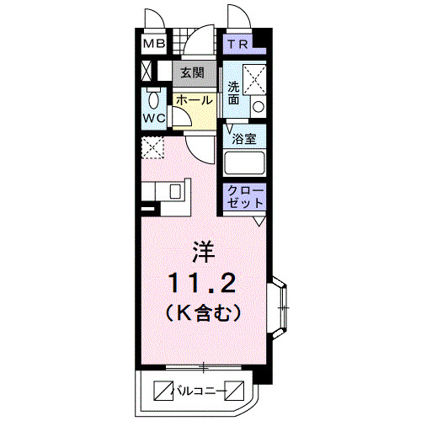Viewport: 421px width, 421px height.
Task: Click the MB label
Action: [x=153, y=45]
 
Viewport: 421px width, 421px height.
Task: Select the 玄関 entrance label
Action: [x=192, y=72]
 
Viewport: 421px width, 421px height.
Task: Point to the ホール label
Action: [x=194, y=99]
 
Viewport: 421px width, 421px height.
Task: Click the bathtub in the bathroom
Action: [x=245, y=163]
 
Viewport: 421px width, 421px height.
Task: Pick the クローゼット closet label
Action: [x=245, y=198]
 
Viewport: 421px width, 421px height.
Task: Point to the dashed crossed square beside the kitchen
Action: [x=152, y=148]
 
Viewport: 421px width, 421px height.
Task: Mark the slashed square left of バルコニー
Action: [x=162, y=390]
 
